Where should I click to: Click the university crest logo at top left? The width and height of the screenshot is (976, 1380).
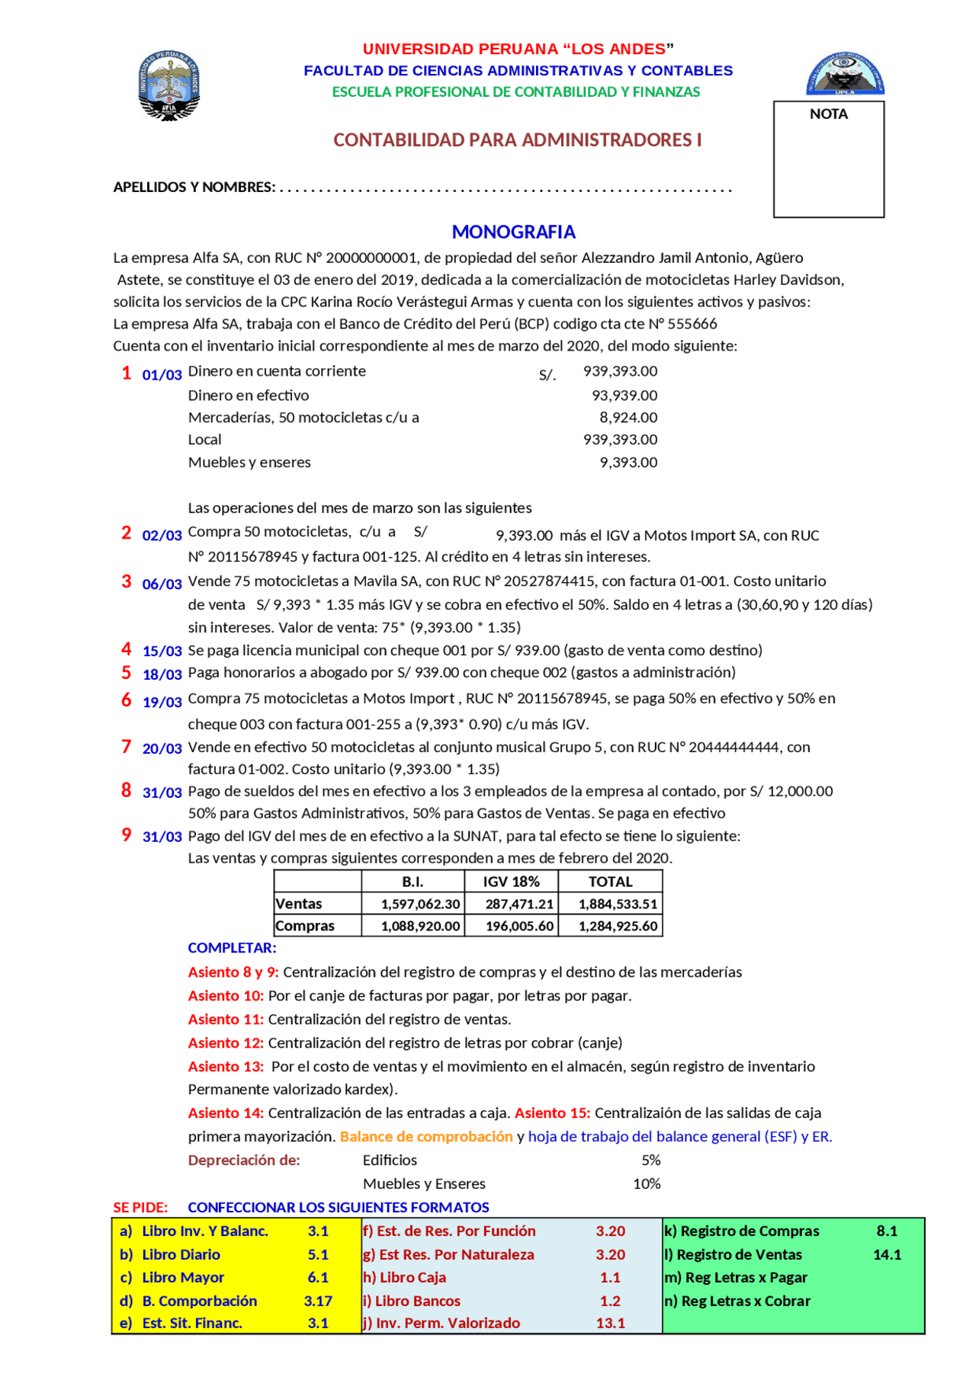169,85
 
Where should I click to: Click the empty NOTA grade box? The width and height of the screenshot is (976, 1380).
828,168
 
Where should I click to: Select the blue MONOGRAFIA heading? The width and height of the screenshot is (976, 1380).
513,232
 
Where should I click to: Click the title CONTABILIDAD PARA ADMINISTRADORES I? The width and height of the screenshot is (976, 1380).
517,140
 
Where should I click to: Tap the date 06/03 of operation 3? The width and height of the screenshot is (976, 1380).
162,584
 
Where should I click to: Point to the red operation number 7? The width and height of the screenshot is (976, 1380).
127,747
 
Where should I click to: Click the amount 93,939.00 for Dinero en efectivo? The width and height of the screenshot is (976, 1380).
624,395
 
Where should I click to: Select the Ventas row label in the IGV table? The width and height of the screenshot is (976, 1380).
299,904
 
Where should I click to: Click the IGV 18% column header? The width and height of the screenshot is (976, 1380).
511,882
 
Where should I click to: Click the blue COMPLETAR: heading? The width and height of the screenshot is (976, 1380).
232,948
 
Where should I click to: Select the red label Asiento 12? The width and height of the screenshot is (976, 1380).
226,1042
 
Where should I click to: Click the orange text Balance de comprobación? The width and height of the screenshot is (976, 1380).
426,1136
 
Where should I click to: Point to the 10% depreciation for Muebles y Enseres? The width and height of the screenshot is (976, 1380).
646,1183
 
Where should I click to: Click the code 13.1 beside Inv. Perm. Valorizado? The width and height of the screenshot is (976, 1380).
610,1323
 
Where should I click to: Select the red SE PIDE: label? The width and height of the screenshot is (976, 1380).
140,1207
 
